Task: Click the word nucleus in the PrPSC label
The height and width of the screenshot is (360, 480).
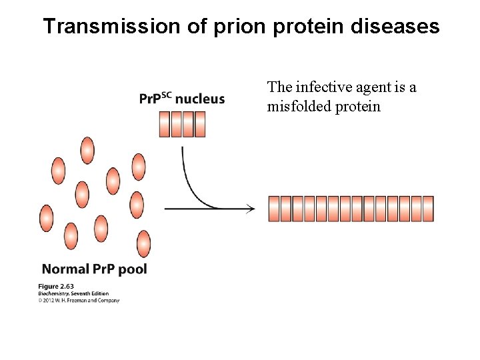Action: pyautogui.click(x=200, y=99)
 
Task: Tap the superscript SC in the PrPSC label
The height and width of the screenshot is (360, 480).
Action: pyautogui.click(x=165, y=95)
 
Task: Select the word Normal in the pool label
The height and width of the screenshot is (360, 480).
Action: pyautogui.click(x=65, y=269)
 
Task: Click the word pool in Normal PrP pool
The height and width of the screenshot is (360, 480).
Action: pyautogui.click(x=132, y=270)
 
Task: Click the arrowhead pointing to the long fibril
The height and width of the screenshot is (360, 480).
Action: pyautogui.click(x=250, y=209)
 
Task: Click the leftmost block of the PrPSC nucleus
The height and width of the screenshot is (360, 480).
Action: pyautogui.click(x=165, y=124)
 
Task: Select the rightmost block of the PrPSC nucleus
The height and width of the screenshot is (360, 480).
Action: pyautogui.click(x=199, y=124)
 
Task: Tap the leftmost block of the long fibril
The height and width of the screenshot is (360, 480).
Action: pyautogui.click(x=273, y=209)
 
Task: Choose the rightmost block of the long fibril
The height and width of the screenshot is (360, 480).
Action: pyautogui.click(x=428, y=209)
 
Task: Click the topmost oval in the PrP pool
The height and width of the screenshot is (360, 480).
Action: pyautogui.click(x=87, y=150)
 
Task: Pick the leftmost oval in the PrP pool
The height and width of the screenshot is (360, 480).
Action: pyautogui.click(x=46, y=218)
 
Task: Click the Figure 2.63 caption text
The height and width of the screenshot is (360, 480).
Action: pyautogui.click(x=55, y=287)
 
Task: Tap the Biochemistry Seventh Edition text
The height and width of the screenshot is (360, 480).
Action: pyautogui.click(x=73, y=293)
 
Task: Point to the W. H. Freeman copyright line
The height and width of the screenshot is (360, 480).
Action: pyautogui.click(x=79, y=301)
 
